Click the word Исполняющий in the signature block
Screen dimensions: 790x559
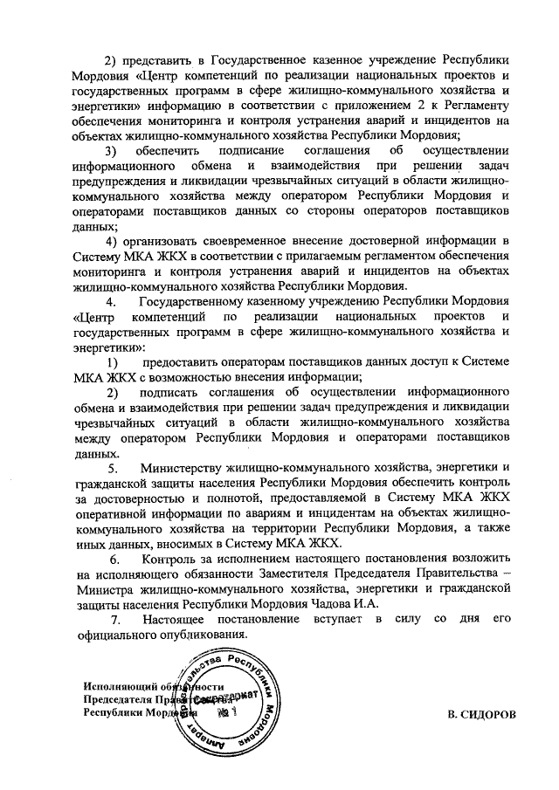tap(117, 685)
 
